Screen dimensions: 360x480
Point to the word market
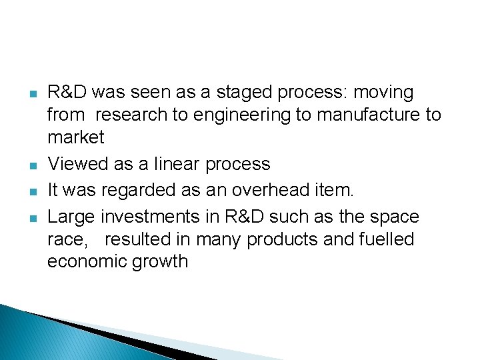pos(76,137)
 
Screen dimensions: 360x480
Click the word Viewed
pos(75,164)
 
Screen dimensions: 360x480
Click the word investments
pos(151,217)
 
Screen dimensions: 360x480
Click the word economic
pos(87,261)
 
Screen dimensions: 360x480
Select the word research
pos(132,115)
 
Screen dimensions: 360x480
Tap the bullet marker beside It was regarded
pos(33,191)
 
